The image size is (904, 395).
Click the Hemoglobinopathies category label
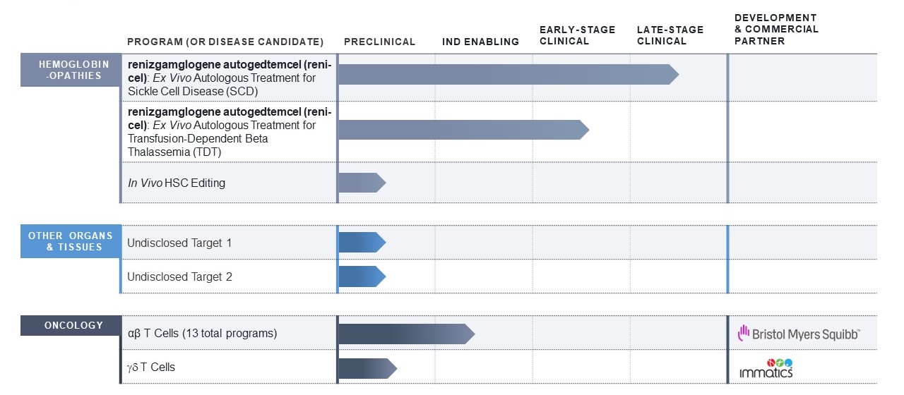coord(71,70)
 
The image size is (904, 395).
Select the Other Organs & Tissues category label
coord(71,241)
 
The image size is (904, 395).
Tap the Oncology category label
coord(71,325)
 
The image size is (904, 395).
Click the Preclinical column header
coord(379,42)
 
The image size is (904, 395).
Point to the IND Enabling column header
coord(480,42)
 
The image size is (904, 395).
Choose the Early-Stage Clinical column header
coord(577,35)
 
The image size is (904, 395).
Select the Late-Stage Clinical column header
coord(670,35)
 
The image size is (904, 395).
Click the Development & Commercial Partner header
coord(776,29)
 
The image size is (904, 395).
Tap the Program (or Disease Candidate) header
coord(225,42)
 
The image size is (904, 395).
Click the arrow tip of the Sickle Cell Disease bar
coord(674,74)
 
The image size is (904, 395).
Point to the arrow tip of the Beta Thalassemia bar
coord(585,130)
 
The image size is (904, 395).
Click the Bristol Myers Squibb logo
coord(798,334)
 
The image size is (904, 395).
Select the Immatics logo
coord(766,367)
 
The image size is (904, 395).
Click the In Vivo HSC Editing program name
coord(176,183)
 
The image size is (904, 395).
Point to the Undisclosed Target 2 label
coord(179,276)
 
